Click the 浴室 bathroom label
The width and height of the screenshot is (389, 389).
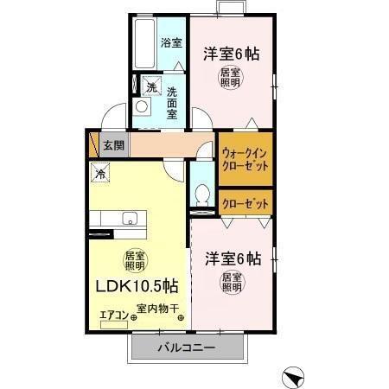tap(170, 42)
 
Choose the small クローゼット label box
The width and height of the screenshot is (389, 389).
tap(245, 204)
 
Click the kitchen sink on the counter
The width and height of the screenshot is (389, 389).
tap(131, 219)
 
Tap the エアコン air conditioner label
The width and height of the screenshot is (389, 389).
tap(113, 315)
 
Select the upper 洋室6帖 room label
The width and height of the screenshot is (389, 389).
tap(232, 54)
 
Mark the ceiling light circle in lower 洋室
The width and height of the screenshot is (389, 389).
tap(232, 283)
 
